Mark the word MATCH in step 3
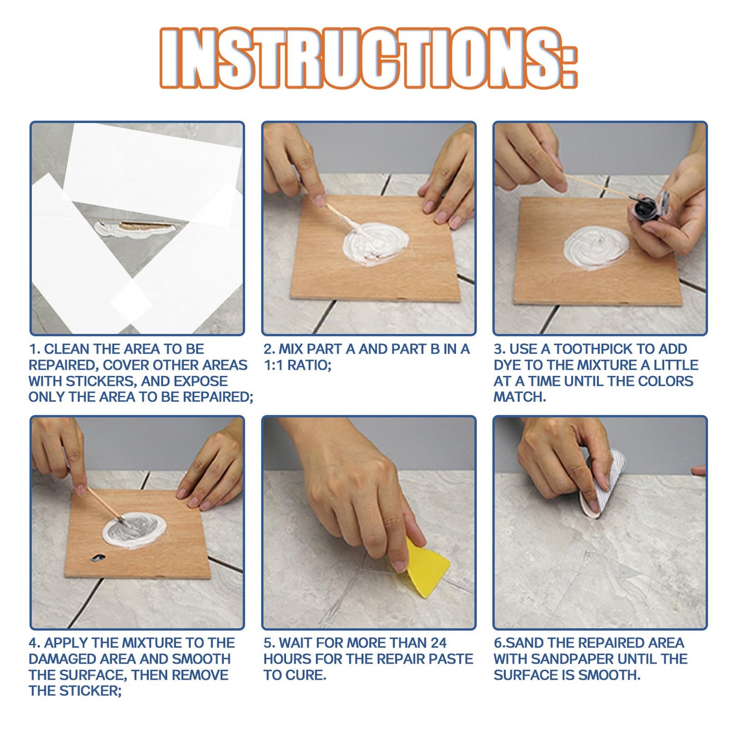(x=519, y=397)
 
